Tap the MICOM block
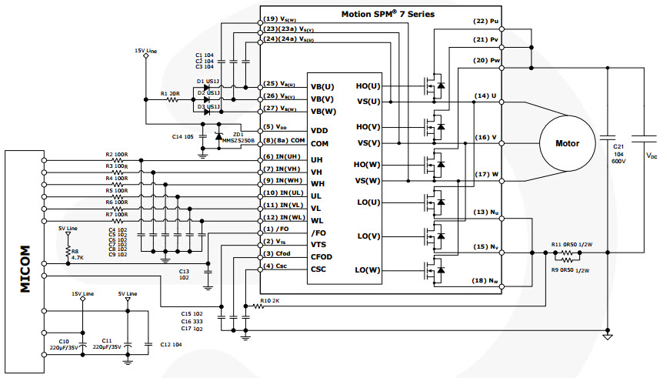click(24, 261)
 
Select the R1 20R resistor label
click(170, 93)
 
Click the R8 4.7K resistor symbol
click(67, 249)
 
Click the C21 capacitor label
click(618, 151)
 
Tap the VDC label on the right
click(652, 156)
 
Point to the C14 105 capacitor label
click(183, 136)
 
